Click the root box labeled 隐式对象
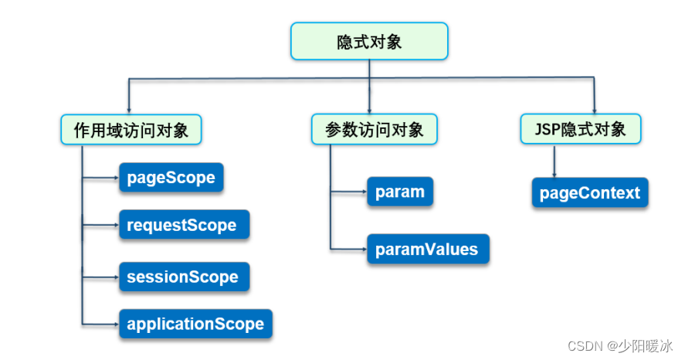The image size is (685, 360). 369,41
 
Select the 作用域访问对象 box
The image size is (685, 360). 131,130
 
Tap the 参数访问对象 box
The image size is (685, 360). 375,129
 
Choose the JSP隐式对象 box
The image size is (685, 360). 581,129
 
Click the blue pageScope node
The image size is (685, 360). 171,178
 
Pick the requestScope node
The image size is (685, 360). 185,225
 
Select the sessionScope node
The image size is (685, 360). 185,277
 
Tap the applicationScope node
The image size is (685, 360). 195,324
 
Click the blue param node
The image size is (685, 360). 400,192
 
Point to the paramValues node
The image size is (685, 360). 428,249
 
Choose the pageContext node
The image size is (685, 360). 590,192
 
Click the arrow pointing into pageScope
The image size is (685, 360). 100,178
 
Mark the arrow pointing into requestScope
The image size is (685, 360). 100,225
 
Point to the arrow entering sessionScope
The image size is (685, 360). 100,277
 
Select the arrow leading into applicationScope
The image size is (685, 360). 100,324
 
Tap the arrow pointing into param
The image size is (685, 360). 348,192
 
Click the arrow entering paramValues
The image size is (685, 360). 348,249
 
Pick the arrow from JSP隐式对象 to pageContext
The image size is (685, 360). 554,161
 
